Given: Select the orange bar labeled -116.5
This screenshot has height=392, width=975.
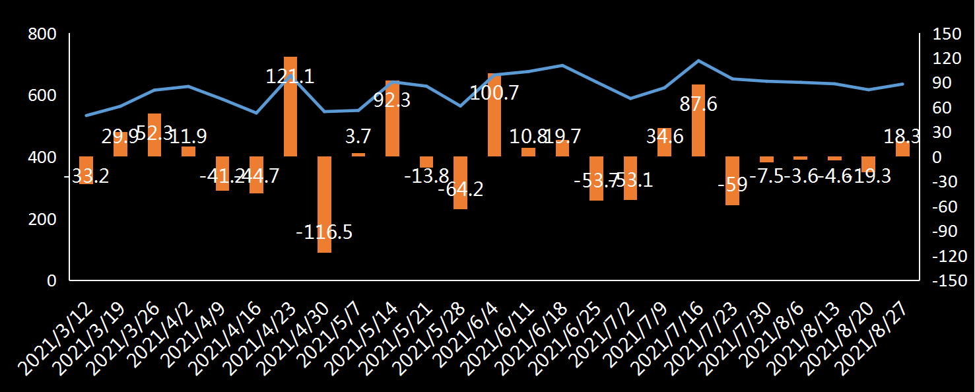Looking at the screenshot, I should pos(324,205).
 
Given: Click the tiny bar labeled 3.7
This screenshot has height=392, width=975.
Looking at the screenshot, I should pos(358,154).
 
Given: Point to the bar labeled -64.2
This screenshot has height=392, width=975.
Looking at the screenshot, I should pos(460,183).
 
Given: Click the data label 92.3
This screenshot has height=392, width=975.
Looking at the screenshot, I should pos(392,100).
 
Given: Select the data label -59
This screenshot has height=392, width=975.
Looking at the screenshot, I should pos(732,184).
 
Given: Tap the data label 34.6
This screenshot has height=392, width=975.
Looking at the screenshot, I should pos(664,138).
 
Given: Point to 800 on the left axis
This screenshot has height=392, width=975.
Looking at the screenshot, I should pos(43,34).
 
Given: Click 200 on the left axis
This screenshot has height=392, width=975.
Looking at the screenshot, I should pos(43,219).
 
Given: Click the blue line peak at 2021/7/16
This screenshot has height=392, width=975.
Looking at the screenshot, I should pos(698,61).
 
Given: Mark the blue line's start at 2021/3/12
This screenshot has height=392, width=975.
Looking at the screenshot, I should pos(86,115).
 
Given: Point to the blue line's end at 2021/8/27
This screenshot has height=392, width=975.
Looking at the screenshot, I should pos(902,84).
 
